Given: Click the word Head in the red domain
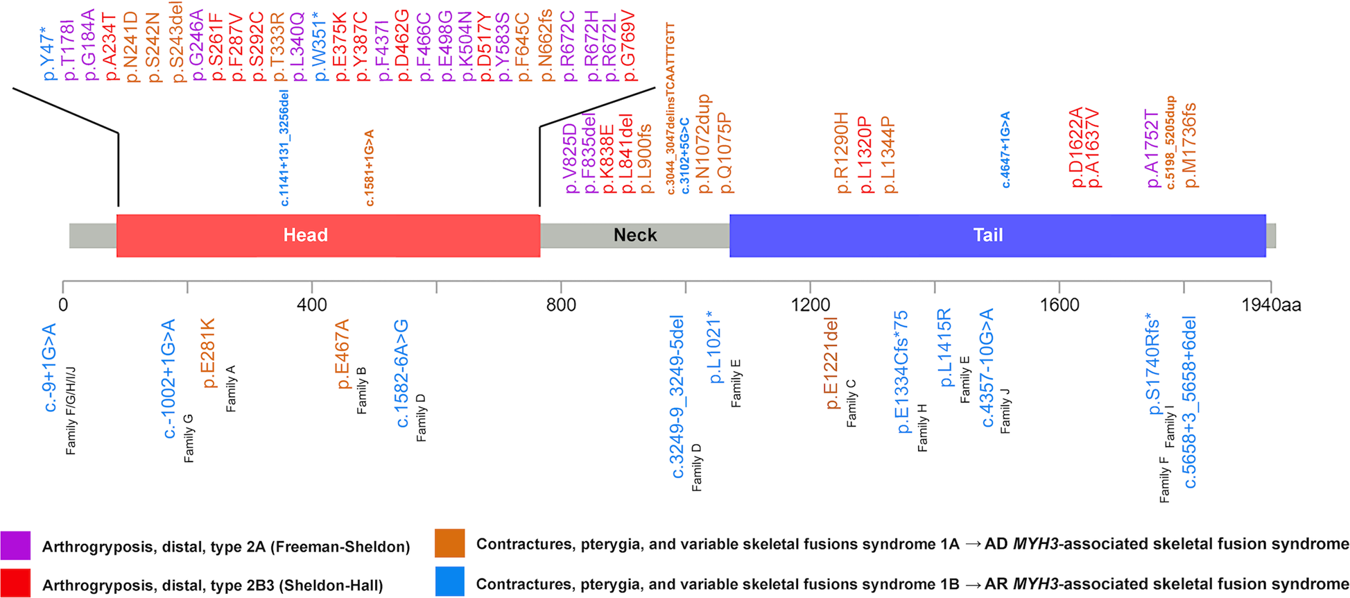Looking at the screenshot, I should pyautogui.click(x=305, y=235).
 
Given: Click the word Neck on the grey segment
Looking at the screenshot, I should pyautogui.click(x=634, y=235).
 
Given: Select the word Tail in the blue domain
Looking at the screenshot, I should pyautogui.click(x=987, y=235).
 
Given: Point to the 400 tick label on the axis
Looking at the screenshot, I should pyautogui.click(x=312, y=305).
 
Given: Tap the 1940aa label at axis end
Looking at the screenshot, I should pyautogui.click(x=1270, y=305).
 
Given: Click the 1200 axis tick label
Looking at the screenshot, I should pyautogui.click(x=810, y=305).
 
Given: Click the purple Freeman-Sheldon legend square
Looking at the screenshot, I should pyautogui.click(x=15, y=546).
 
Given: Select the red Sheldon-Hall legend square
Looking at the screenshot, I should pyautogui.click(x=15, y=583).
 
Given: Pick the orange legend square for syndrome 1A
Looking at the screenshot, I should pyautogui.click(x=449, y=544).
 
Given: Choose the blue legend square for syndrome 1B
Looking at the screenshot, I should pyautogui.click(x=449, y=582).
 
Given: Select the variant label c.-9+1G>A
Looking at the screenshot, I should pyautogui.click(x=50, y=367).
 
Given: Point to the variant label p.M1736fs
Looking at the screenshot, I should pyautogui.click(x=1191, y=145).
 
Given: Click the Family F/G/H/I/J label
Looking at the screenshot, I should pyautogui.click(x=71, y=411).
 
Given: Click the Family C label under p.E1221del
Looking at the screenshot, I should pyautogui.click(x=851, y=403).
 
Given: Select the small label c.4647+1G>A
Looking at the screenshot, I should pyautogui.click(x=1005, y=150).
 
